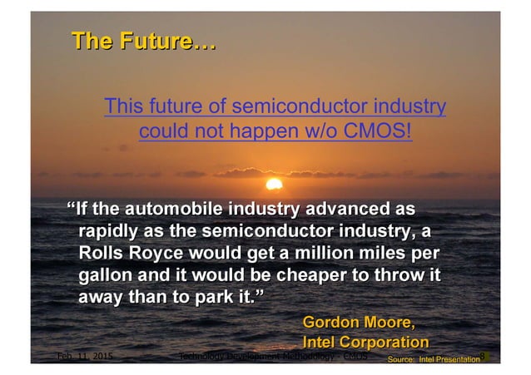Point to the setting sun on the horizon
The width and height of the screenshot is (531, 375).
coord(272,183)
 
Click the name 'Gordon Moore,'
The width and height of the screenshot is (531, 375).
coord(358,322)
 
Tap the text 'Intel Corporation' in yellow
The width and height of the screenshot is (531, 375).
coord(365,342)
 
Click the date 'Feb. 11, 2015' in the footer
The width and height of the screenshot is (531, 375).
coord(83,358)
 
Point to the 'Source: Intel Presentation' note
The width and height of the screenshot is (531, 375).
coord(434,359)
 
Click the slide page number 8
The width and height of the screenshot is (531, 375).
coord(483,357)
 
